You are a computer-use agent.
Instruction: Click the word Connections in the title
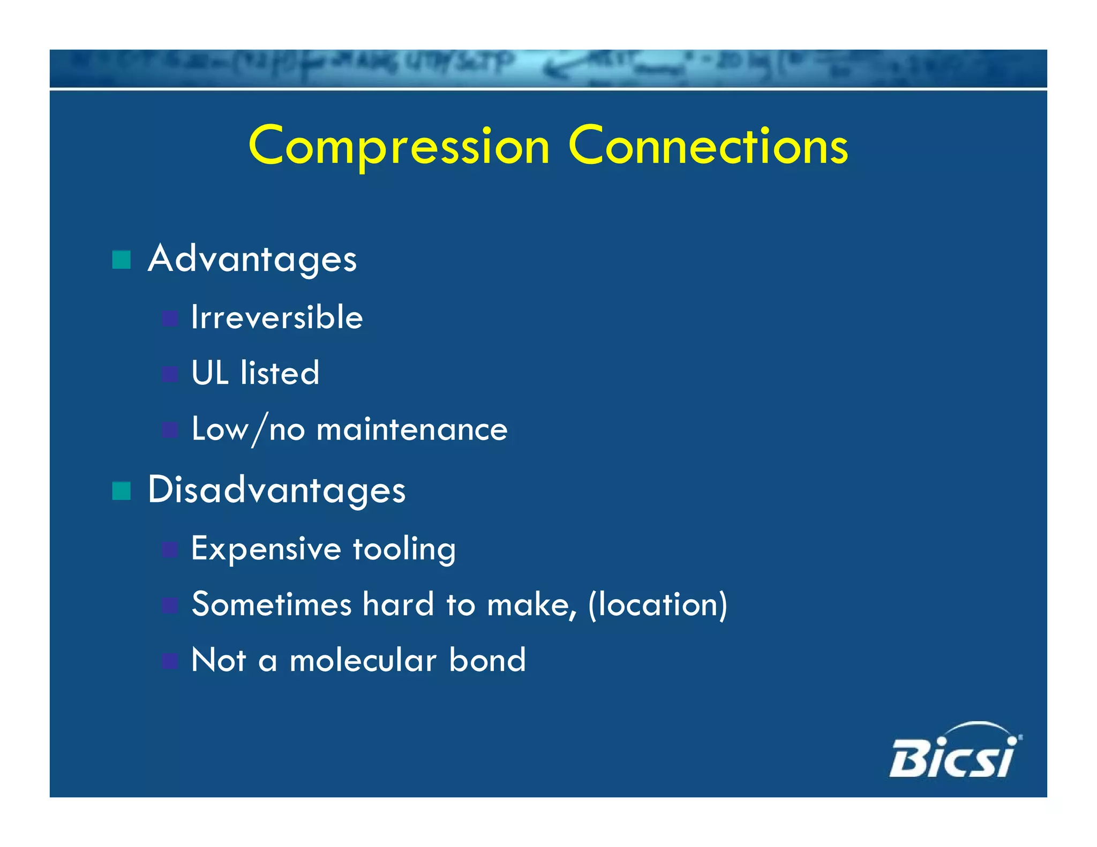coord(708,146)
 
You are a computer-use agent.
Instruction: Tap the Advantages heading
coord(252,260)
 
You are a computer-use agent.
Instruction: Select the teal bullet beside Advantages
coord(122,260)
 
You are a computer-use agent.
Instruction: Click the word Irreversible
coord(277,317)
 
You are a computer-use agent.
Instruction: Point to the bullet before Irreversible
coord(170,319)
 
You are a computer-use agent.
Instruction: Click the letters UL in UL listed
coord(209,373)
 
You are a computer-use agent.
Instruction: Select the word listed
coord(280,373)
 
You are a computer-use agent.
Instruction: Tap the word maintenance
coord(412,429)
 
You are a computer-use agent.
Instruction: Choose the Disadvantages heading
coord(276,490)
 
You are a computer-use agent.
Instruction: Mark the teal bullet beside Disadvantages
coord(122,490)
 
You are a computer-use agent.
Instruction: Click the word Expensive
coord(266,549)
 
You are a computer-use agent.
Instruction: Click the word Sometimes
coord(272,604)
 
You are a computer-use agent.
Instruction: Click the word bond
coord(487,660)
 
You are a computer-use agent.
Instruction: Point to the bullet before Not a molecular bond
coord(170,661)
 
